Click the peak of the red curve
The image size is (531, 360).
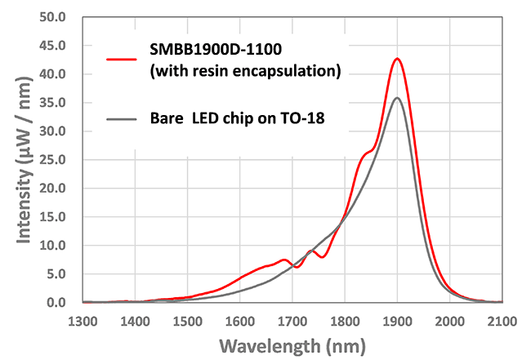(397, 59)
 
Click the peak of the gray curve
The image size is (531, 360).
(397, 98)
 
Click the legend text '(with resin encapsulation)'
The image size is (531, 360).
(245, 71)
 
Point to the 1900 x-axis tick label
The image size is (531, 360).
(397, 319)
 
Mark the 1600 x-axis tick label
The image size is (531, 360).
(240, 319)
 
